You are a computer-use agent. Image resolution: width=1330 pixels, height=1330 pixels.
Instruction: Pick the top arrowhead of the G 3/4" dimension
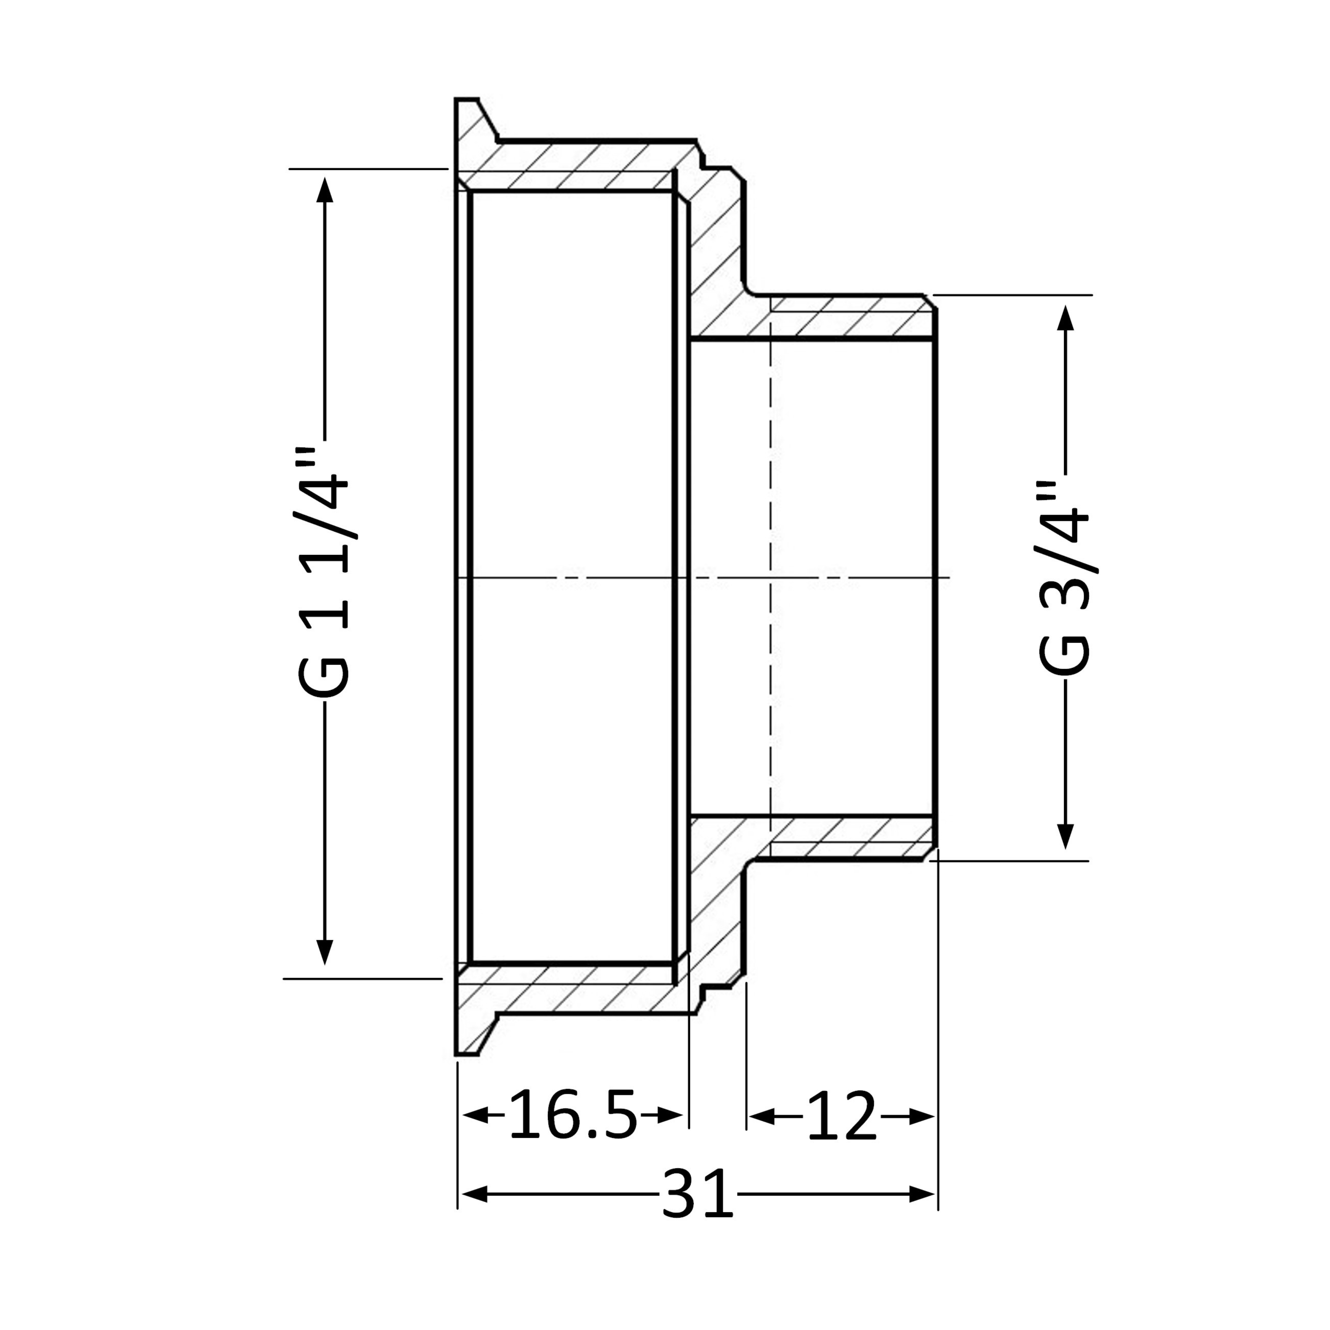click(1066, 318)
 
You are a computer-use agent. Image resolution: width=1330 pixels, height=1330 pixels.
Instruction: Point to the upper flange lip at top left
click(475, 120)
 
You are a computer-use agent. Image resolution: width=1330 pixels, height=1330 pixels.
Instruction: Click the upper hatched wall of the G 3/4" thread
click(847, 317)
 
